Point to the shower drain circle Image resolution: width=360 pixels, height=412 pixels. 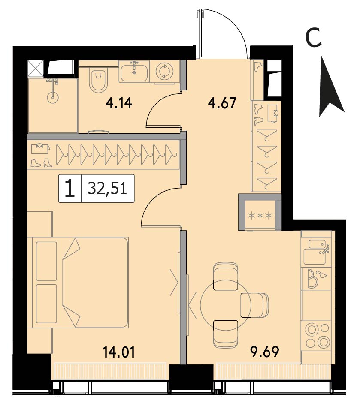coord(53,97)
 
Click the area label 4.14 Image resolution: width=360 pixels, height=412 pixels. coord(118,103)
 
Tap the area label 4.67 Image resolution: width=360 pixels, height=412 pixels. coord(222,103)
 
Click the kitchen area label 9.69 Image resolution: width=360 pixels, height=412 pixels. coord(265,352)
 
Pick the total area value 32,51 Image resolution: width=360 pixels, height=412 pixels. coord(107,188)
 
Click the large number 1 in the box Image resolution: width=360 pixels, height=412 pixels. coord(70,188)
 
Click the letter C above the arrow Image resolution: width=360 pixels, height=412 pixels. coord(314,38)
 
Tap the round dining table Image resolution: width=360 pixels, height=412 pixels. coord(225,304)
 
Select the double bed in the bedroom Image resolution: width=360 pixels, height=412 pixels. coord(80,283)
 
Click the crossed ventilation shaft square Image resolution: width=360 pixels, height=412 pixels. coord(35,68)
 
